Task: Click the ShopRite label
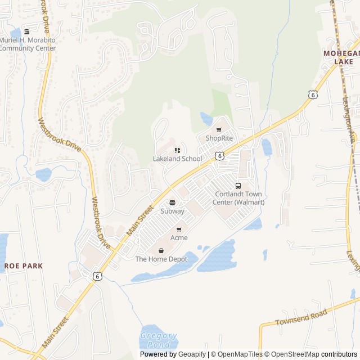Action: click(x=219, y=138)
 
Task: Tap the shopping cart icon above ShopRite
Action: click(x=219, y=130)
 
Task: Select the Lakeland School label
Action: click(x=177, y=159)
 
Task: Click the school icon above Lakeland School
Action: click(x=177, y=150)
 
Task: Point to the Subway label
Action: click(x=172, y=211)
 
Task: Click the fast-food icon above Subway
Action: click(x=172, y=202)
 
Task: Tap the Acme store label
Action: click(x=179, y=238)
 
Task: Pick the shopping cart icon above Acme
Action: click(x=179, y=229)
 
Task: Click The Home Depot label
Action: click(x=161, y=259)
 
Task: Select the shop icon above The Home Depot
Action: click(x=161, y=251)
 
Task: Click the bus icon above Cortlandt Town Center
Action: click(x=238, y=186)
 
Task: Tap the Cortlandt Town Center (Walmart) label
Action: click(x=240, y=198)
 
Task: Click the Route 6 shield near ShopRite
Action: click(x=220, y=155)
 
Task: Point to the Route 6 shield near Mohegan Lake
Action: click(x=312, y=95)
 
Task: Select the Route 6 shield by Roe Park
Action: click(x=98, y=276)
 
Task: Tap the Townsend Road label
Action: click(x=301, y=318)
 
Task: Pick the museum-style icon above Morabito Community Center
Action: click(x=27, y=31)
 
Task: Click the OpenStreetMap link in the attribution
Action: click(x=292, y=354)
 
